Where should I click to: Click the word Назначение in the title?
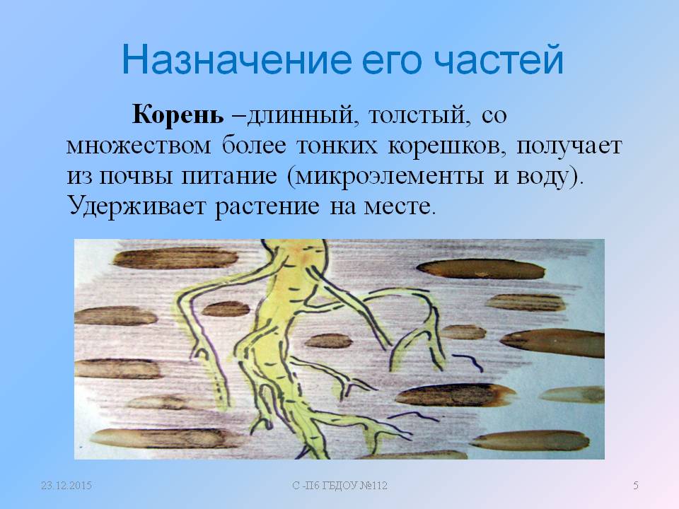pyautogui.click(x=236, y=59)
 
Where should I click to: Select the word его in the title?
pyautogui.click(x=392, y=63)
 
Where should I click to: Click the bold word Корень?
pyautogui.click(x=178, y=115)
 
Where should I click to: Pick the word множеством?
pyautogui.click(x=139, y=146)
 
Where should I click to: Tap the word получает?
pyautogui.click(x=569, y=147)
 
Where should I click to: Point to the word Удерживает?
pyautogui.click(x=137, y=206)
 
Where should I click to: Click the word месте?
pyautogui.click(x=398, y=207)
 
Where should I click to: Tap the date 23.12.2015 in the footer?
pyautogui.click(x=66, y=486)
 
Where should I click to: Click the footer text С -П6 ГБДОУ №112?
pyautogui.click(x=340, y=486)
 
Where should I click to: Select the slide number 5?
pyautogui.click(x=636, y=486)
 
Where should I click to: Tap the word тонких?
pyautogui.click(x=337, y=146)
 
